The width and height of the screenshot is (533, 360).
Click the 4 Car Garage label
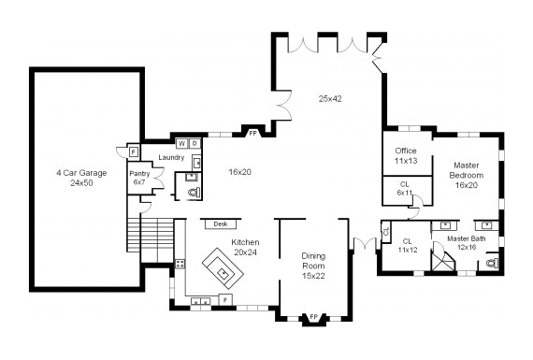(x=81, y=178)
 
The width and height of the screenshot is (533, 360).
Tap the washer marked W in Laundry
(x=182, y=143)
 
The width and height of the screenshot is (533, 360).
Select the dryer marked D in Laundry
(x=194, y=143)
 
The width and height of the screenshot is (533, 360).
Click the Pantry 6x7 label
(x=139, y=178)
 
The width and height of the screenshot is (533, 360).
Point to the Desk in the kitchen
(x=221, y=224)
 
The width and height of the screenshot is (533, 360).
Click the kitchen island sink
(x=223, y=272)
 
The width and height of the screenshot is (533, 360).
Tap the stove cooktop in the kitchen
(x=180, y=264)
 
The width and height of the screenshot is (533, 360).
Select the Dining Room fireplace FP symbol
(x=314, y=318)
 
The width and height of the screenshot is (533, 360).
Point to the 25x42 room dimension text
(x=330, y=99)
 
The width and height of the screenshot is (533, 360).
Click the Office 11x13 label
(x=406, y=156)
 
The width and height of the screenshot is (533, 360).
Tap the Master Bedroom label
(x=467, y=175)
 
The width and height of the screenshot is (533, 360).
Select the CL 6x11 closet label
(x=405, y=188)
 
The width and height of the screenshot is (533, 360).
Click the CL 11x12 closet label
(x=408, y=245)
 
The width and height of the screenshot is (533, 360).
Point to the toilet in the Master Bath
(x=492, y=263)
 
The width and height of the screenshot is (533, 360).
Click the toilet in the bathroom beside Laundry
(x=194, y=193)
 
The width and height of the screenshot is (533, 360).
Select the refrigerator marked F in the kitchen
(x=225, y=300)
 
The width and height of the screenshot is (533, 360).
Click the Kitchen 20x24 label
(x=245, y=247)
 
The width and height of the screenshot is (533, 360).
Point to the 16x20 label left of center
(x=240, y=172)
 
